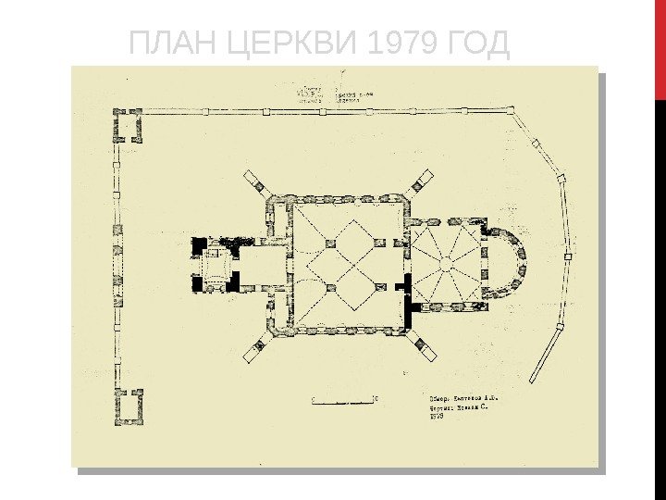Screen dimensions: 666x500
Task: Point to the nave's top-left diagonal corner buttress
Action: pos(254,181)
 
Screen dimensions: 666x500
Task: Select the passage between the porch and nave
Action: pos(264,265)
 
